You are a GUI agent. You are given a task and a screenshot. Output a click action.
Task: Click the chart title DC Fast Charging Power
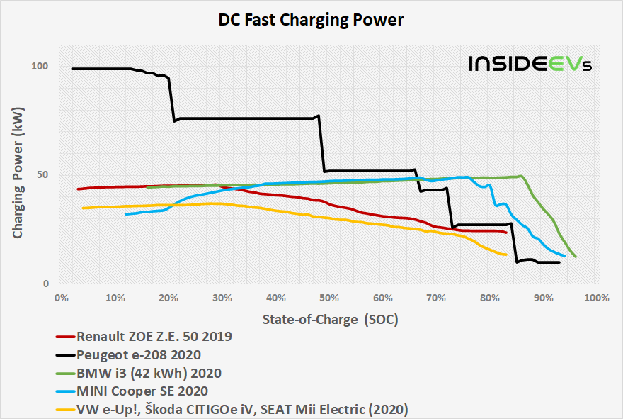click(x=311, y=20)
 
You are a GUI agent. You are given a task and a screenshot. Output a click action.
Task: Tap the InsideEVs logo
click(x=530, y=64)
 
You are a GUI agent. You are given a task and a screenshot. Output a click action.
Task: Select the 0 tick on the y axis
click(x=45, y=284)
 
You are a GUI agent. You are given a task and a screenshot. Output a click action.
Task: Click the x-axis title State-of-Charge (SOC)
click(x=330, y=320)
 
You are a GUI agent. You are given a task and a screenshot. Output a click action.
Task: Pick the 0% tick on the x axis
click(x=60, y=298)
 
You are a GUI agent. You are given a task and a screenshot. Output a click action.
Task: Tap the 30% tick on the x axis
click(x=222, y=298)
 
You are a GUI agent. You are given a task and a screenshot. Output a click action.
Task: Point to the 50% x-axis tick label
click(x=329, y=298)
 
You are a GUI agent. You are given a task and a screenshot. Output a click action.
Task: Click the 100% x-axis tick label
click(x=598, y=298)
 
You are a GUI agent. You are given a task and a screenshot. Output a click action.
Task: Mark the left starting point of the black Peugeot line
click(x=72, y=69)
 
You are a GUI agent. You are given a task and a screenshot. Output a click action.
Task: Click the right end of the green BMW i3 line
click(x=576, y=257)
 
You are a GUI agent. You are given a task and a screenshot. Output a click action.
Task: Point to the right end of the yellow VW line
click(x=507, y=255)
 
